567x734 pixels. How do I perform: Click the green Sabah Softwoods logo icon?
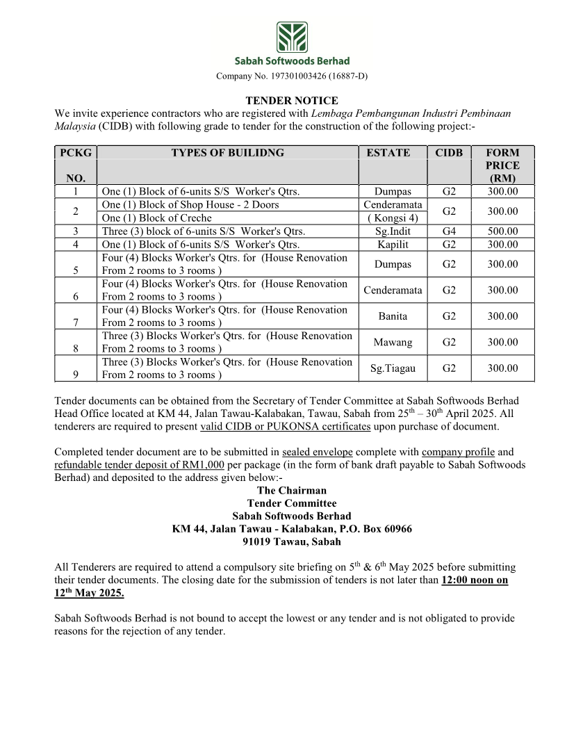[292, 37]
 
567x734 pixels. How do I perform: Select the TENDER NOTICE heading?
[292, 101]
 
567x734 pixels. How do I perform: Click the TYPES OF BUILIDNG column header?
[227, 153]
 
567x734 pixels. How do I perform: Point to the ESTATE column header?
[388, 153]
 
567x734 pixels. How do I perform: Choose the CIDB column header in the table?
[449, 153]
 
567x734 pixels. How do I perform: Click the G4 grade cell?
[449, 231]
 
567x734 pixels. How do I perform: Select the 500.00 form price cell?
[502, 231]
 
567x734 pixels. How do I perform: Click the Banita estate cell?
[393, 316]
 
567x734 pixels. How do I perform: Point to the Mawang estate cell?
[393, 342]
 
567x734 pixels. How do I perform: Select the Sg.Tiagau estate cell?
[393, 368]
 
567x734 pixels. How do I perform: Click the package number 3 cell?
[75, 231]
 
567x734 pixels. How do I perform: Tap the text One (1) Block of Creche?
[156, 218]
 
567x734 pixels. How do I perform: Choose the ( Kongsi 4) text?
[393, 218]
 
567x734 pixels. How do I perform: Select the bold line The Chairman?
[292, 490]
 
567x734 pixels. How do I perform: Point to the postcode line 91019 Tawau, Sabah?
[292, 542]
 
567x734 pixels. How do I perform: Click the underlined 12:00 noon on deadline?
[475, 580]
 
